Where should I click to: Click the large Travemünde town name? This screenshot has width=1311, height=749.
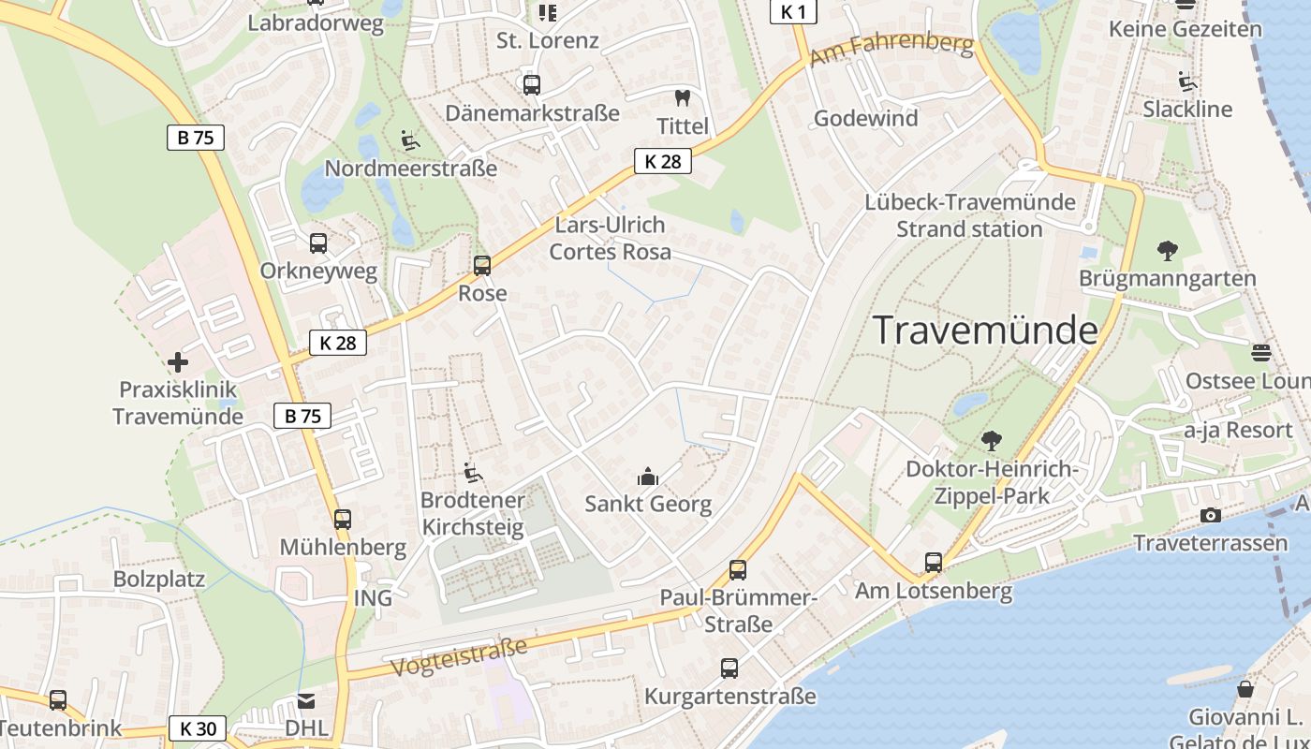tap(985, 330)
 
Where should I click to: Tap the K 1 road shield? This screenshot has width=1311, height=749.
tap(792, 11)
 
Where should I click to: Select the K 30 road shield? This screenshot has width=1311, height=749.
tap(198, 728)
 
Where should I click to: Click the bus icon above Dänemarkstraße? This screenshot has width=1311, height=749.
tap(532, 85)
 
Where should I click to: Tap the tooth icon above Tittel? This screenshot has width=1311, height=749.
tap(682, 97)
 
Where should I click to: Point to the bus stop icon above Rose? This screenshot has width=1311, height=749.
tap(482, 266)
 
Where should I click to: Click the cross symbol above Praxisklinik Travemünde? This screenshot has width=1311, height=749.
tap(177, 362)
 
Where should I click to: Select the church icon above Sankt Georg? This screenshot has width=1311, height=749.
tap(647, 477)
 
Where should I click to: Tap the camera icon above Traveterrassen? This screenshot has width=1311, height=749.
tap(1210, 516)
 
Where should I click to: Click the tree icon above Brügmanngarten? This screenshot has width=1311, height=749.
tap(1167, 251)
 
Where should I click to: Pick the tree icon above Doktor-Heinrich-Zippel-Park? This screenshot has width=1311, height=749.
tap(991, 441)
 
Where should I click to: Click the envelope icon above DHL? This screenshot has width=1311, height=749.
tap(306, 701)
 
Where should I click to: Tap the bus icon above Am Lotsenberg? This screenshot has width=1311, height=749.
tap(934, 563)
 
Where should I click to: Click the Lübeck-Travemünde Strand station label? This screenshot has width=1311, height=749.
tap(969, 215)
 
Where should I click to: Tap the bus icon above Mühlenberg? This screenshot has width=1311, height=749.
tap(343, 520)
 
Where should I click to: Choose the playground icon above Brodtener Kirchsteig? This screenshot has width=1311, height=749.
tap(473, 474)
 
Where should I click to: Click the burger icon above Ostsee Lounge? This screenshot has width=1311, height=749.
tap(1260, 353)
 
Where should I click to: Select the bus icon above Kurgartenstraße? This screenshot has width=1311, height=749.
tap(729, 668)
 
